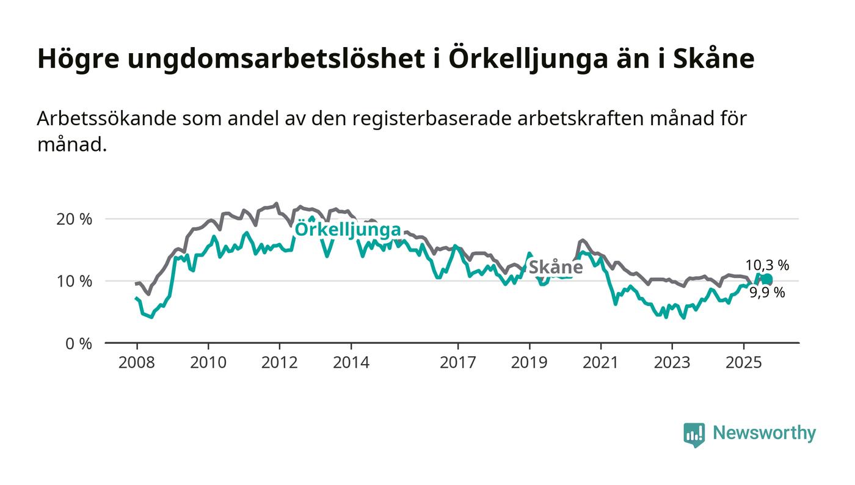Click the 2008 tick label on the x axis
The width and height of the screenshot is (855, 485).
(x=137, y=362)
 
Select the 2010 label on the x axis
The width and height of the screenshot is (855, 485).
(x=208, y=362)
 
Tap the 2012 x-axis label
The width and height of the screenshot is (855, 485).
(x=280, y=362)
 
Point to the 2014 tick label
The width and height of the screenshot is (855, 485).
(x=351, y=362)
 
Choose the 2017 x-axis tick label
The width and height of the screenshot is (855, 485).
(x=458, y=362)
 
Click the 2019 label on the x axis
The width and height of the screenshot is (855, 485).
(x=529, y=362)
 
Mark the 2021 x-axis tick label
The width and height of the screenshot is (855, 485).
(x=601, y=362)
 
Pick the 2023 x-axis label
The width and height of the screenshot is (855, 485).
(x=672, y=362)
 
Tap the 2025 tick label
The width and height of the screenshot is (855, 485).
(x=744, y=362)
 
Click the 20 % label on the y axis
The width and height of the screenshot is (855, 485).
(x=74, y=219)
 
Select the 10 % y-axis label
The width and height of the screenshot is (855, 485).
(x=74, y=281)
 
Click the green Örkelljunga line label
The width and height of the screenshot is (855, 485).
(x=347, y=230)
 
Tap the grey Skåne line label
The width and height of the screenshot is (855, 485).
(x=555, y=267)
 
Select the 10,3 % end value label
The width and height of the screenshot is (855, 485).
(x=767, y=265)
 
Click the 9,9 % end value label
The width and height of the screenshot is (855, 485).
(x=766, y=293)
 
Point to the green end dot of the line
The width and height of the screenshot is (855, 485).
(x=767, y=280)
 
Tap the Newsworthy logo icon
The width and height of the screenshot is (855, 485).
(x=694, y=434)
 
